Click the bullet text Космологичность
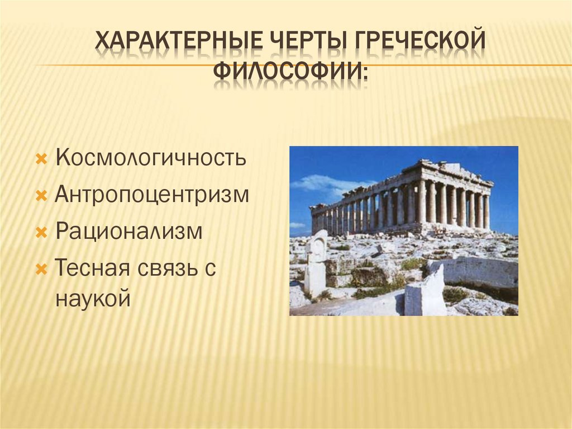(x=151, y=158)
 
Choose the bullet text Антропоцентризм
(x=152, y=195)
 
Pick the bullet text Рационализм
(x=129, y=232)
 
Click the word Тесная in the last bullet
(x=91, y=268)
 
